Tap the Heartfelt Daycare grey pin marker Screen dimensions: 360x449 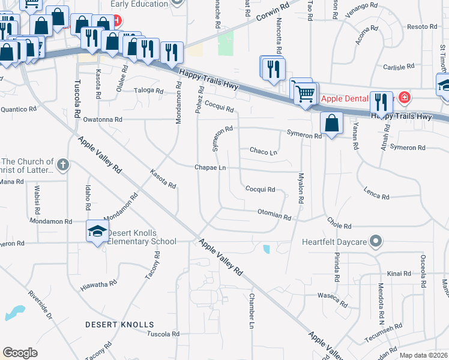point(376,242)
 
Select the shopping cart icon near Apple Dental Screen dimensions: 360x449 point(305,93)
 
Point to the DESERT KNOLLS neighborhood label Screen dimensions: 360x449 point(119,325)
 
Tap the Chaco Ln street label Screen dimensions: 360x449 point(263,152)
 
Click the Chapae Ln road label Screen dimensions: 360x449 point(209,168)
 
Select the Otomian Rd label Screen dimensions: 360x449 point(274,213)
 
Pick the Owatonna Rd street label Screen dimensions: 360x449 point(103,119)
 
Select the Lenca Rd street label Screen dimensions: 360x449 point(377,193)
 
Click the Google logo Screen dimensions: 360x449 point(20,352)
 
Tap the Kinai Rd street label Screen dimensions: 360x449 point(399,274)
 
